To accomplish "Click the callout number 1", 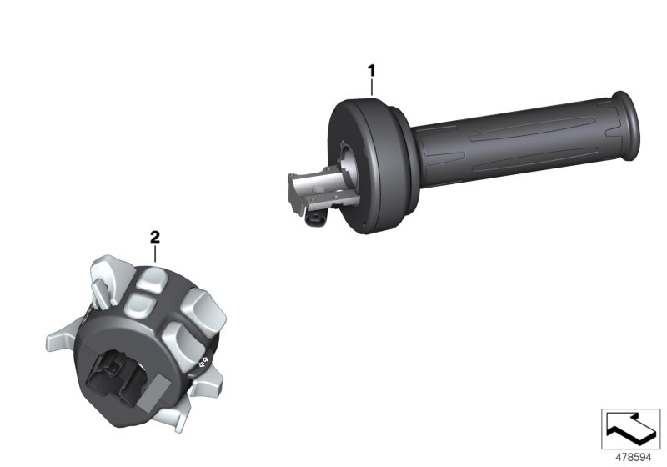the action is [x=371, y=71].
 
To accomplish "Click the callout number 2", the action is [x=155, y=237].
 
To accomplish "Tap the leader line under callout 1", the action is [x=372, y=88].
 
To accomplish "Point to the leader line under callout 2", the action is [x=155, y=254].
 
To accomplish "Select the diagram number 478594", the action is [x=634, y=458].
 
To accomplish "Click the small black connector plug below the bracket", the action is [x=316, y=218].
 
